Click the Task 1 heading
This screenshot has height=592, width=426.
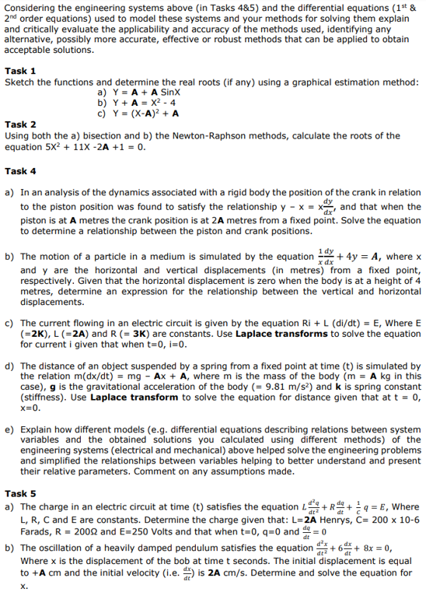(x=20, y=70)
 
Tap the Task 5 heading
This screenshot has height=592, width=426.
(x=20, y=493)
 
